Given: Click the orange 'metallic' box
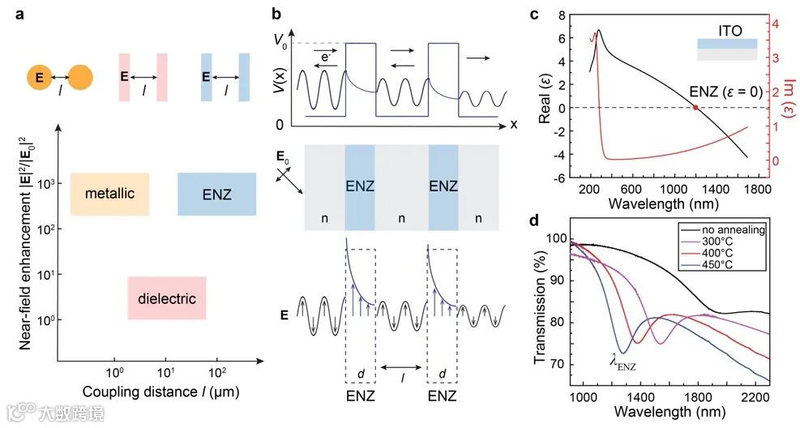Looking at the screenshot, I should click(109, 194).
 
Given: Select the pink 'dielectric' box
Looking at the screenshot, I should click(167, 298).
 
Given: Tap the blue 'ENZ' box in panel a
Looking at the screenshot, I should click(216, 194).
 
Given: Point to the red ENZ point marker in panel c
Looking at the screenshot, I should click(695, 108).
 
